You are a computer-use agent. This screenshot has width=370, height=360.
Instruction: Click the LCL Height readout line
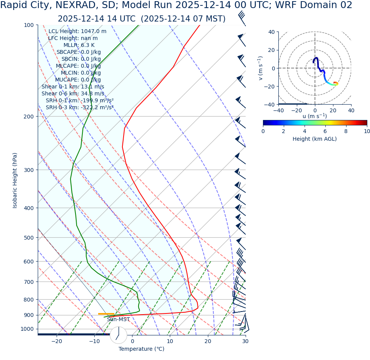click(77, 32)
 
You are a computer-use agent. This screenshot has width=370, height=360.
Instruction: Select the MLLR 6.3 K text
click(79, 45)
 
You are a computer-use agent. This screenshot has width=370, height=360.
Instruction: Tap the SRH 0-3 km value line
click(80, 108)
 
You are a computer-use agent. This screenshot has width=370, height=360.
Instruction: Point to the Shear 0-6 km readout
click(73, 94)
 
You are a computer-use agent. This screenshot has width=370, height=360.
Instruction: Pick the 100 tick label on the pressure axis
click(29, 25)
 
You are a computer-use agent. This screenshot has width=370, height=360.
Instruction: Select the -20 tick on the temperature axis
click(57, 341)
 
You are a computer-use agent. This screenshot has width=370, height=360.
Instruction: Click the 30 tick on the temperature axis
click(245, 341)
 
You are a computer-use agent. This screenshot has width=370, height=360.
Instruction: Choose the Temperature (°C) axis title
click(141, 349)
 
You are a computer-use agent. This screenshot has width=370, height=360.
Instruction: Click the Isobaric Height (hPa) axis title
click(15, 180)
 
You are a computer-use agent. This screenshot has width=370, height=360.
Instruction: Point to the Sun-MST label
click(118, 320)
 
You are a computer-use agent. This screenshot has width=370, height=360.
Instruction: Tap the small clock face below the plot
click(119, 335)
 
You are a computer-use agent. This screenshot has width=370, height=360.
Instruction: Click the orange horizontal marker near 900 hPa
click(106, 314)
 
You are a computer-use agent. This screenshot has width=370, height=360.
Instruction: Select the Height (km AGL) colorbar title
click(315, 139)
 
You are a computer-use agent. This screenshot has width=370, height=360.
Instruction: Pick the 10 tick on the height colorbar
click(367, 131)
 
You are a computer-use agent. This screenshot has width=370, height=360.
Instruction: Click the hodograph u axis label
click(315, 116)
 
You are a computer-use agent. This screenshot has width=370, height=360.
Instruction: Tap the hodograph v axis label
click(261, 68)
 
